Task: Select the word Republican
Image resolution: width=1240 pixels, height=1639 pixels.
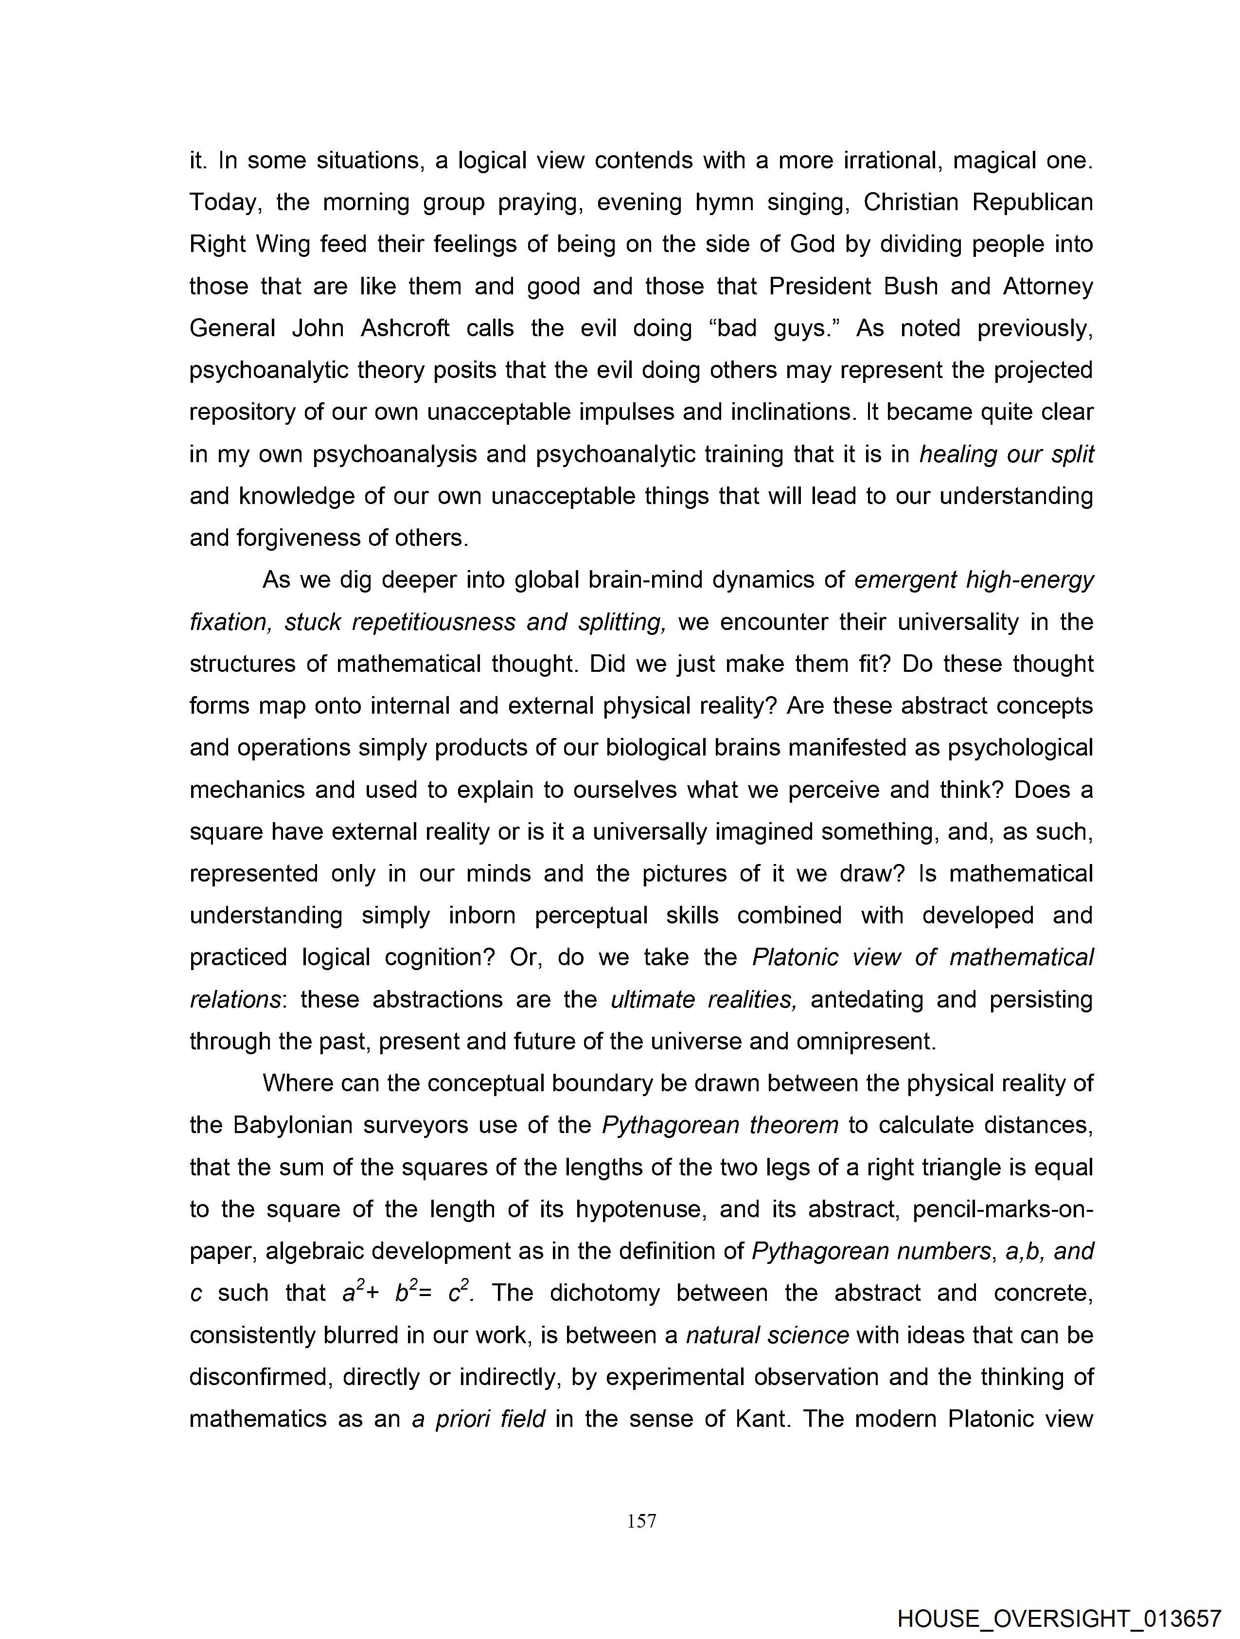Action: [x=1032, y=202]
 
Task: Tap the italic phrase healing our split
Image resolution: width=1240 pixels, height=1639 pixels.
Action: [x=1006, y=454]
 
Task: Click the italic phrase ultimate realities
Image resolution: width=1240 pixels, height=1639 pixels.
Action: [x=703, y=1000]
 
